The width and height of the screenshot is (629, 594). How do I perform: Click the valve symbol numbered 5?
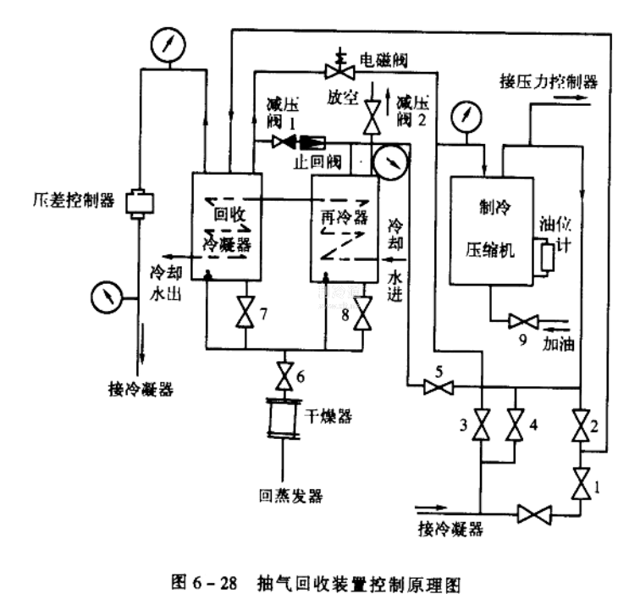point(438,387)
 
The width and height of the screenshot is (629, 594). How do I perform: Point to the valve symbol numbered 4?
point(514,425)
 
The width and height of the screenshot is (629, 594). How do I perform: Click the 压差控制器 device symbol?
point(137,203)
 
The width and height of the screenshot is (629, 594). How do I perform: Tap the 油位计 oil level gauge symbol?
point(547,257)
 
